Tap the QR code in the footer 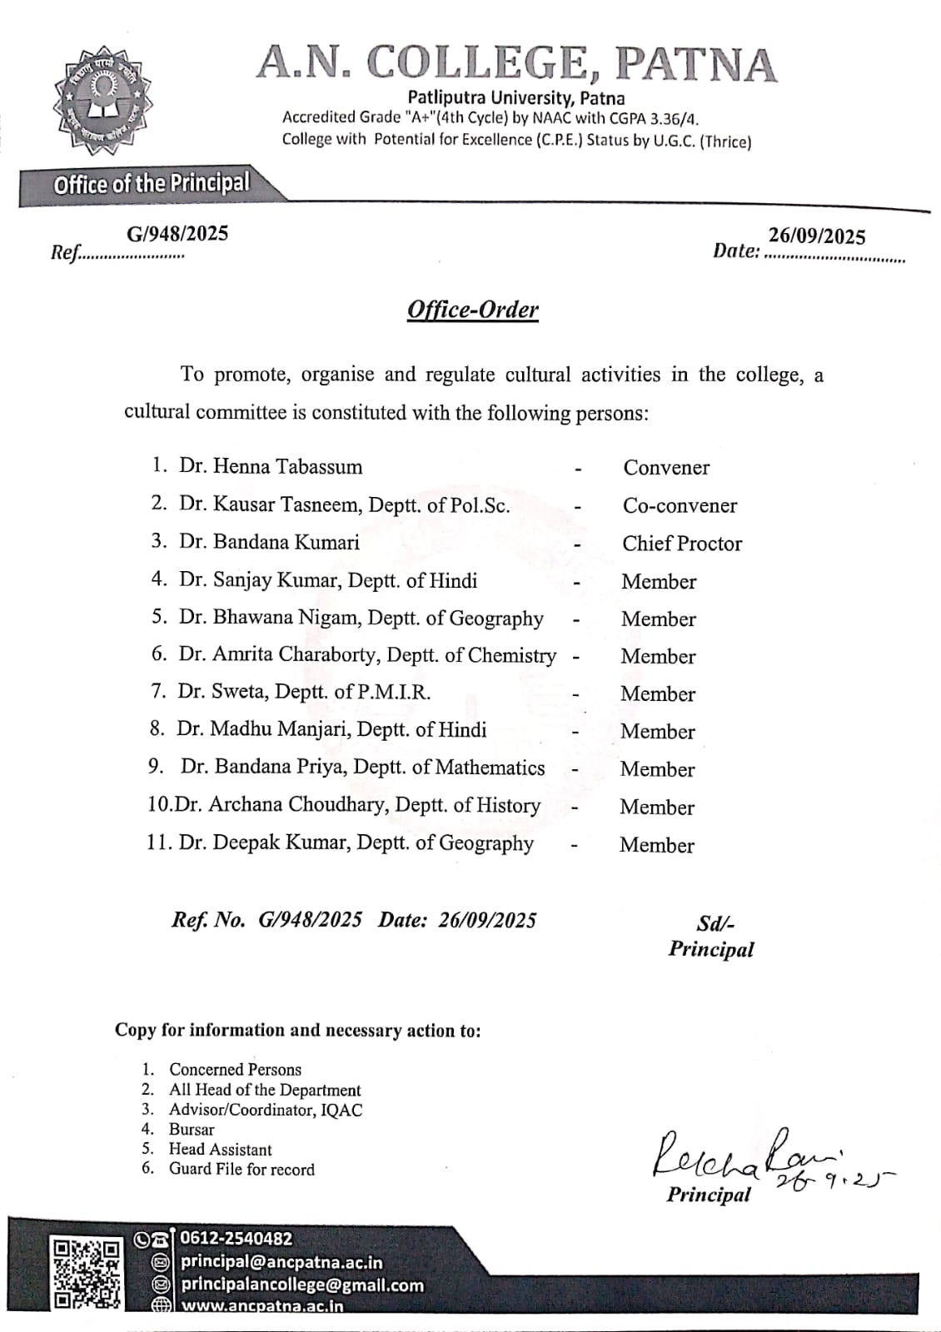(x=86, y=1274)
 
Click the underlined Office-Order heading (x=472, y=310)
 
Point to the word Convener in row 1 (x=666, y=468)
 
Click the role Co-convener (x=680, y=505)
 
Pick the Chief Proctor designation (x=682, y=544)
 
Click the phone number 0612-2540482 (x=237, y=1239)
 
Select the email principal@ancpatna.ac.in (x=281, y=1262)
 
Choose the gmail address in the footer (x=302, y=1285)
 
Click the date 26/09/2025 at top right (x=816, y=236)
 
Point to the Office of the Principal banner (x=152, y=184)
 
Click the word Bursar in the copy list (x=192, y=1130)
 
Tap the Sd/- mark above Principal (x=715, y=923)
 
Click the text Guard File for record (x=241, y=1169)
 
